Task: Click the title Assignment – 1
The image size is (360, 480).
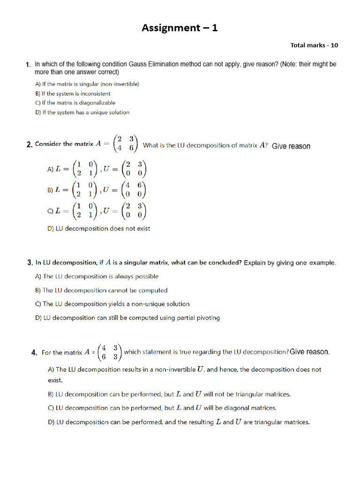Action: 180,28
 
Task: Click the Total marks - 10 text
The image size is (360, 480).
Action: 314,45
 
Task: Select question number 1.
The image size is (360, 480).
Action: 29,65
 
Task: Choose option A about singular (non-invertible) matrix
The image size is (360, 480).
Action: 87,84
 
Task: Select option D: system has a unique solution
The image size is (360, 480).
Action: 82,112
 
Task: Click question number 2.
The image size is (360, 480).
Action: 29,144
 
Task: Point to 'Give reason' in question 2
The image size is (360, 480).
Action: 291,146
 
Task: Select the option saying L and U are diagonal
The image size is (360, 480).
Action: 162,408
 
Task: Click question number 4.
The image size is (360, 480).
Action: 34,353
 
